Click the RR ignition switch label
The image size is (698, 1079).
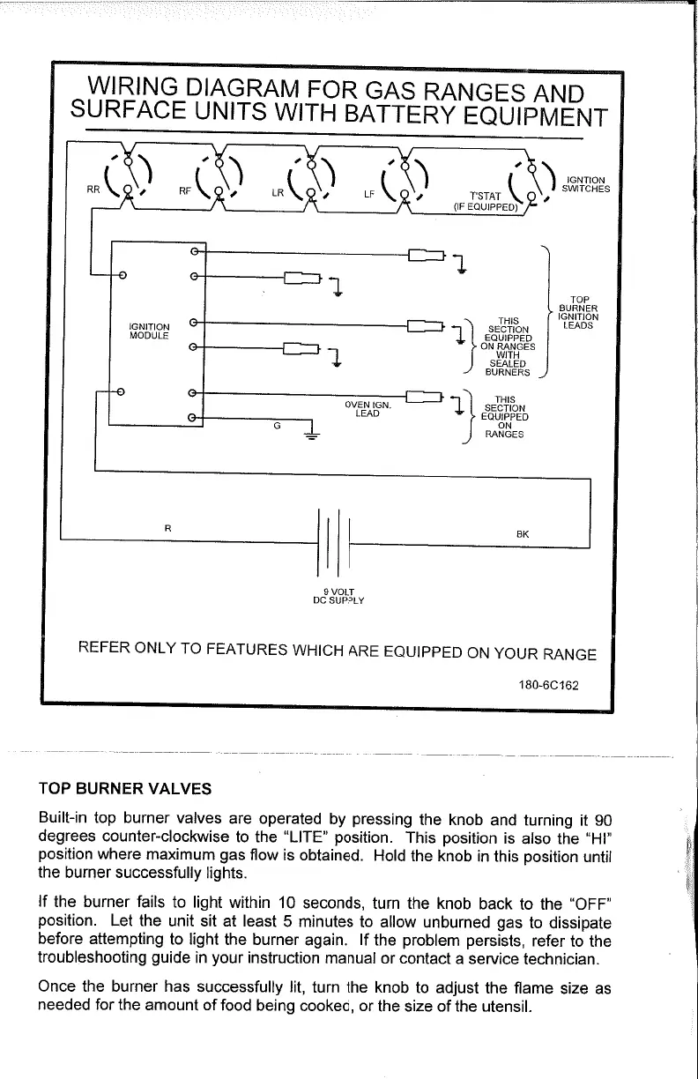pyautogui.click(x=92, y=188)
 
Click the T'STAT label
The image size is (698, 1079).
pyautogui.click(x=486, y=196)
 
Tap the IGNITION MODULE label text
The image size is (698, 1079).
pyautogui.click(x=150, y=331)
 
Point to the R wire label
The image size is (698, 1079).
pyautogui.click(x=167, y=527)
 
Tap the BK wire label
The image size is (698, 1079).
pyautogui.click(x=522, y=534)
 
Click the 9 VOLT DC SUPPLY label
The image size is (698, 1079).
pyautogui.click(x=339, y=596)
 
